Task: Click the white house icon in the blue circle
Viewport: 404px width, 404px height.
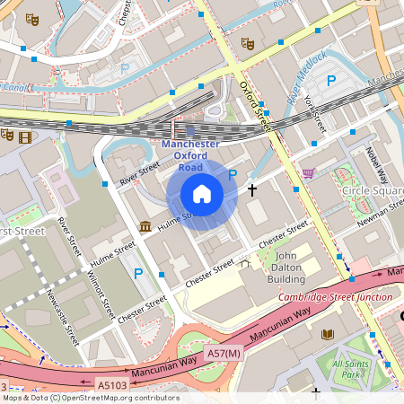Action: pos(202,194)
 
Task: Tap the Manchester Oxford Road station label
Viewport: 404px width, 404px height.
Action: pos(189,155)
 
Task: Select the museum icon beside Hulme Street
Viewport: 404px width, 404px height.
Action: pos(145,225)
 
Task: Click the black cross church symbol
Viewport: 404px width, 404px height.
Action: pos(252,190)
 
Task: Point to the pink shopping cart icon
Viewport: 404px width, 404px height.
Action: pos(309,173)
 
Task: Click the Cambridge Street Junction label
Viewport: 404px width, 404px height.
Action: pos(334,296)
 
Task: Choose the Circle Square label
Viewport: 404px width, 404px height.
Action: pos(372,191)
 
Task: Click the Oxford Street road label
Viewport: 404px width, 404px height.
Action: pos(255,100)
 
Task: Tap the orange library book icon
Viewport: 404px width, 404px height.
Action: pos(327,334)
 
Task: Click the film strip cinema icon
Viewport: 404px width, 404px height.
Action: pos(23,137)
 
